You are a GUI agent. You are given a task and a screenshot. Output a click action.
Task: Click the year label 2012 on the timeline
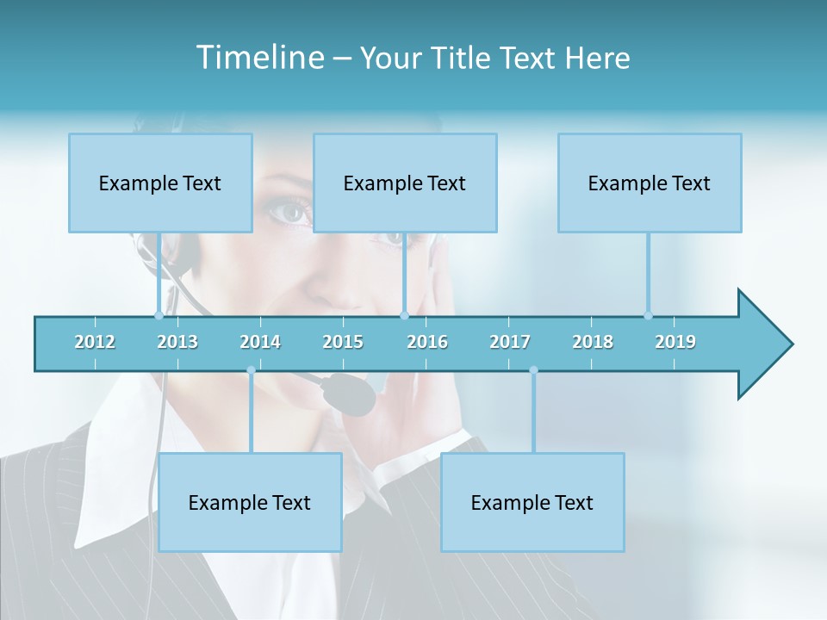pos(95,342)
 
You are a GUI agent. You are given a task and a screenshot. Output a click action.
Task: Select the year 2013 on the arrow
pos(177,342)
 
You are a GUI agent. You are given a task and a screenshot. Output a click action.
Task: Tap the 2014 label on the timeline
pos(260,342)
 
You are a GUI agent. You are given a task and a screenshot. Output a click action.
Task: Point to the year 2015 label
pos(343,342)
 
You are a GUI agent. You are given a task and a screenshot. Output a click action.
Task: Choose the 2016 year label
pos(427,342)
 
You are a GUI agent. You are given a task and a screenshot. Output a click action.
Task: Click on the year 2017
pos(510,342)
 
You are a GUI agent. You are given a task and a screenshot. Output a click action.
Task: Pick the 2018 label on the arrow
pos(593,342)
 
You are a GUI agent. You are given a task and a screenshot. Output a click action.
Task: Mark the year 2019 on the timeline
pos(675,342)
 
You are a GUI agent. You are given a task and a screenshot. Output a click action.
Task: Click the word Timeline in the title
pos(258,58)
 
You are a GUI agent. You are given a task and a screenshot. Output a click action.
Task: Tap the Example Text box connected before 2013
pos(160,183)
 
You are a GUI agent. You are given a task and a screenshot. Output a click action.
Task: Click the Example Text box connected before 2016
pos(405,183)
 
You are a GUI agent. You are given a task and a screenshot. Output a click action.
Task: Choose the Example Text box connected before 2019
pos(650,183)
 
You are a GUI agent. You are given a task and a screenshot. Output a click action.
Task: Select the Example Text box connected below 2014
pos(250,502)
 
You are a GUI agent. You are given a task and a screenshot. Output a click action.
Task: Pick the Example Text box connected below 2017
pos(532,502)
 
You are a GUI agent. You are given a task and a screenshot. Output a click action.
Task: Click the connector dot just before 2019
pos(649,315)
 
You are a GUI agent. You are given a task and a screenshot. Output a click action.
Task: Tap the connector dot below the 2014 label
pos(251,370)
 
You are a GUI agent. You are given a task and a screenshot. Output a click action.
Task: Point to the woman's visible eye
pos(291,210)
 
